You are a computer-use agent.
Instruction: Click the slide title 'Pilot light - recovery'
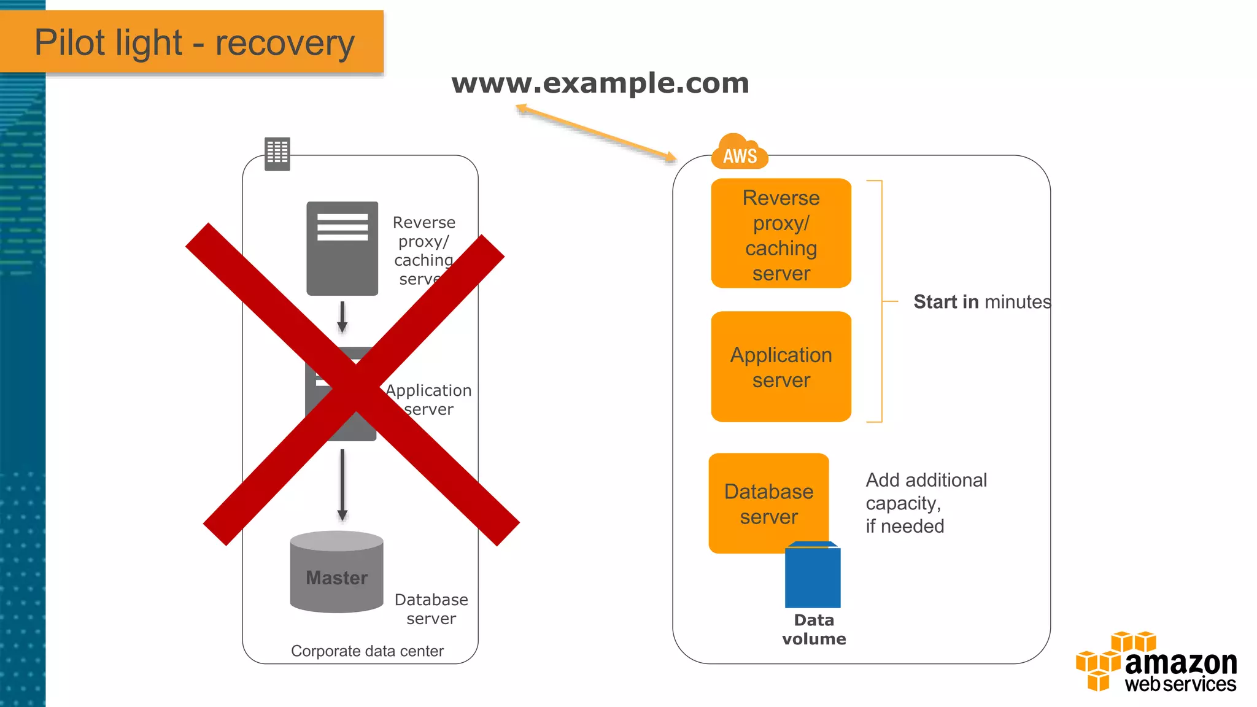click(194, 43)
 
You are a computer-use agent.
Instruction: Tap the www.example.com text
click(600, 83)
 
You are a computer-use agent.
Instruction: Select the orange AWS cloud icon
click(739, 152)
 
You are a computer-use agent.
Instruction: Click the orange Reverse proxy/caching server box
click(781, 234)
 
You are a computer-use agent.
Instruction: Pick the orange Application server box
click(781, 367)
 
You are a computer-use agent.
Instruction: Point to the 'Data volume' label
click(814, 630)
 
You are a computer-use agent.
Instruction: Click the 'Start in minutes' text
click(981, 302)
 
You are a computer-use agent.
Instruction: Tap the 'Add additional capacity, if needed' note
click(926, 503)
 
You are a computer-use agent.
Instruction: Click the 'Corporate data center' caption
click(367, 651)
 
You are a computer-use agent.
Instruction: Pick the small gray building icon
click(277, 153)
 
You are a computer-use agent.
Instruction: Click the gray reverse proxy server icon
click(342, 249)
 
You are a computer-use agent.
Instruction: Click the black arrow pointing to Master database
click(342, 485)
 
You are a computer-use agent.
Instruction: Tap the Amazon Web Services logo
click(1156, 662)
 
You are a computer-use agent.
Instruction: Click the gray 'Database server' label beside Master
click(431, 609)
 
